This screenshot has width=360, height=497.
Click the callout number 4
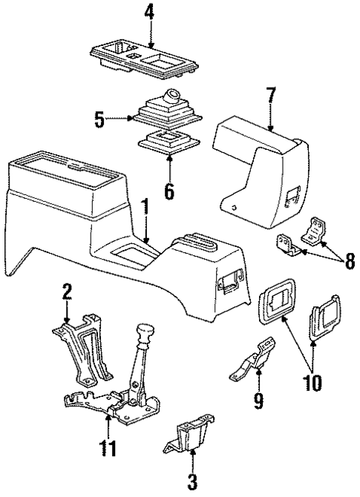151,13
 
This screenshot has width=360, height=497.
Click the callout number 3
192,483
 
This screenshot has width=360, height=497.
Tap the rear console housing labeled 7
260,159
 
